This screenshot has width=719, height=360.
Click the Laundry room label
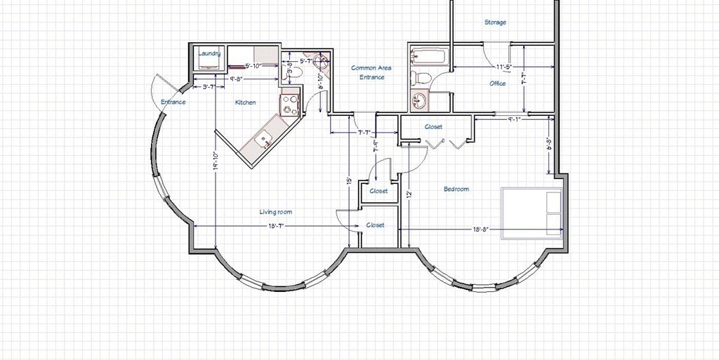210,53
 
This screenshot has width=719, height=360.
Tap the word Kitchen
245,102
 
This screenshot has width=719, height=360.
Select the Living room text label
275,212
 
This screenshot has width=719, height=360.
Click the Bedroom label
456,189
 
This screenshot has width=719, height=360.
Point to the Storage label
495,22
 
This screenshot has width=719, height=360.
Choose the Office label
497,84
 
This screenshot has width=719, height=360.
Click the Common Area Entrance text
371,72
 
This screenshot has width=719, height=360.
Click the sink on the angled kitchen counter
265,139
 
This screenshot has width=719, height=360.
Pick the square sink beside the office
420,101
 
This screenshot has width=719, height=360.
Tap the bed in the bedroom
532,213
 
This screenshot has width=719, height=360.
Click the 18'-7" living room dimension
275,226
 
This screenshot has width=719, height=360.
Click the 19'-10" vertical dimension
216,161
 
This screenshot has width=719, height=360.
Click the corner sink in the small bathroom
322,61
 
